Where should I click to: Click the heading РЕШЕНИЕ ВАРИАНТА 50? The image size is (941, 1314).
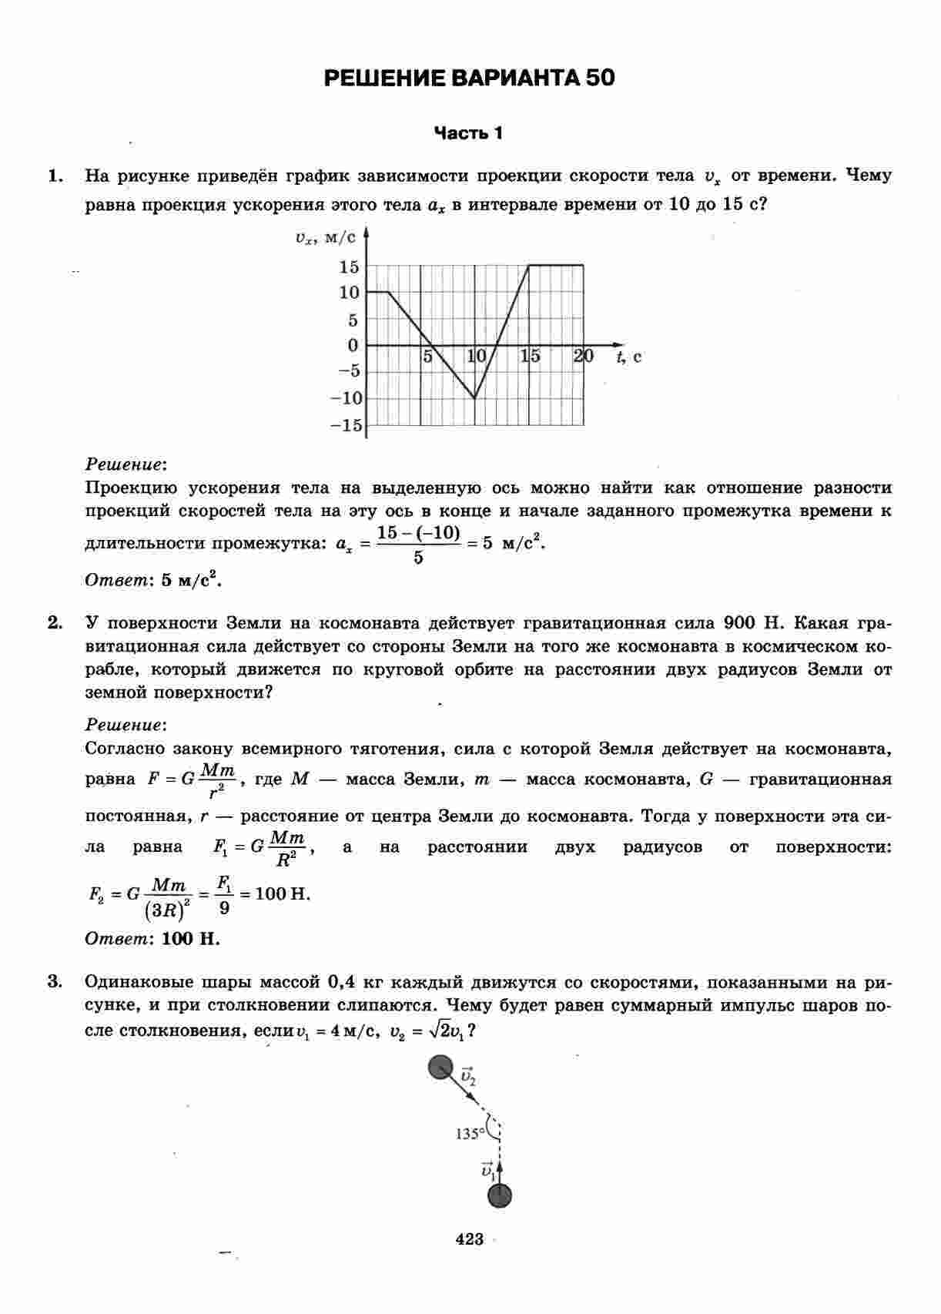click(x=469, y=78)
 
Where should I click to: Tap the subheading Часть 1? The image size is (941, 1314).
click(x=468, y=133)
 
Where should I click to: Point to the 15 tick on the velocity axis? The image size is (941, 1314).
click(x=349, y=266)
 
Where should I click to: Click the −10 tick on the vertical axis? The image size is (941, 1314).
click(x=346, y=398)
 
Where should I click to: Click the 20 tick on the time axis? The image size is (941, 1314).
click(x=583, y=356)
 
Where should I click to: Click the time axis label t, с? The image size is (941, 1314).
click(x=629, y=356)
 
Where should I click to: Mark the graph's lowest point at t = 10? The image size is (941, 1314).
click(x=474, y=398)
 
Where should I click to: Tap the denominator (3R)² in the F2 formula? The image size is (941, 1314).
click(x=167, y=910)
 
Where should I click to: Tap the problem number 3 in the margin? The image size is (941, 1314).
click(x=54, y=981)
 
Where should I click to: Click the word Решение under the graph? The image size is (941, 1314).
click(x=126, y=464)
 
